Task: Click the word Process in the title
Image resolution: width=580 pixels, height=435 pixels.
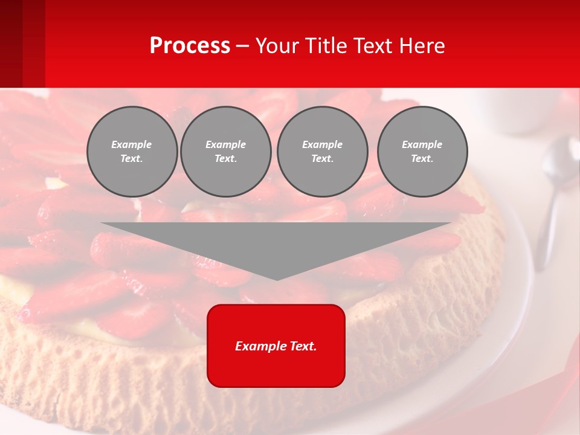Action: pyautogui.click(x=190, y=46)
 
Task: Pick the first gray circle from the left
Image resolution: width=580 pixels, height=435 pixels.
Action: pyautogui.click(x=132, y=152)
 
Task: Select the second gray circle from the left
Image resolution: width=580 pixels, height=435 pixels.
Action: pyautogui.click(x=226, y=152)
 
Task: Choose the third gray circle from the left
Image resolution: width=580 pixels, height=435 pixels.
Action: pyautogui.click(x=322, y=152)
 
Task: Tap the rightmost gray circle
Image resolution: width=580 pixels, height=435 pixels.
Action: pyautogui.click(x=422, y=152)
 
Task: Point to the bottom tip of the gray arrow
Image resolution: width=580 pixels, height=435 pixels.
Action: pyautogui.click(x=277, y=279)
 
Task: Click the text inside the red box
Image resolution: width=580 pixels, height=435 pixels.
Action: pyautogui.click(x=276, y=346)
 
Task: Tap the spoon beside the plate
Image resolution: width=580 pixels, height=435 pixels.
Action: pyautogui.click(x=553, y=193)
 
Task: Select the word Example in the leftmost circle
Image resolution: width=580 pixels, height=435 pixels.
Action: pyautogui.click(x=132, y=144)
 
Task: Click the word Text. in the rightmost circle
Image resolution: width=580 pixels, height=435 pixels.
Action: pyautogui.click(x=422, y=159)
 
